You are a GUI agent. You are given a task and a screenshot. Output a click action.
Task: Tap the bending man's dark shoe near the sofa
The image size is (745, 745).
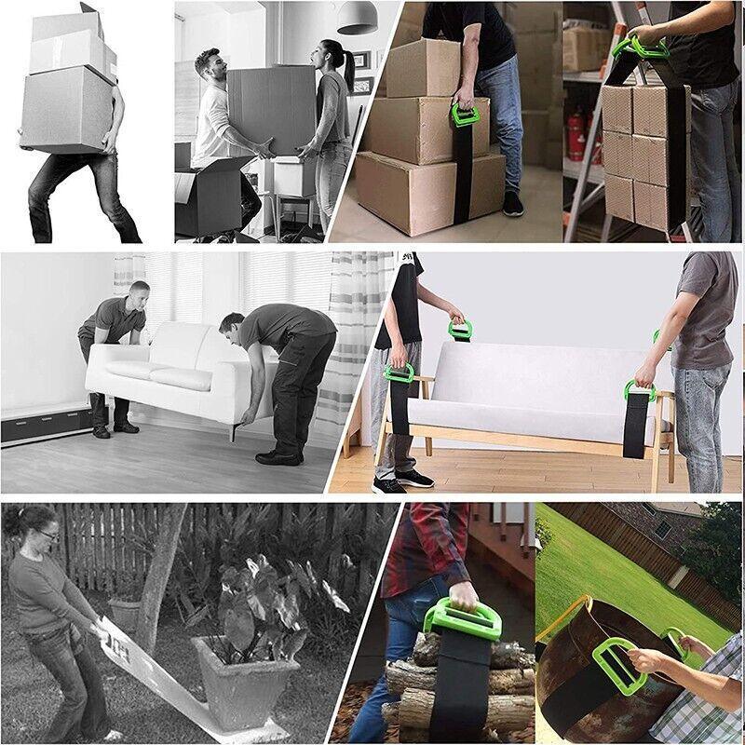(277, 457)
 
